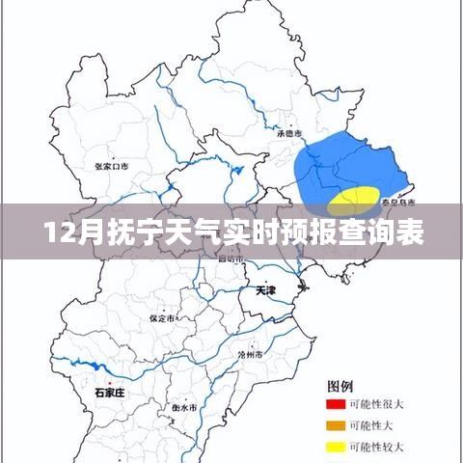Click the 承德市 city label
[288, 133]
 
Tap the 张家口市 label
[112, 166]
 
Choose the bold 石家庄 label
[109, 392]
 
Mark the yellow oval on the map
[352, 201]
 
